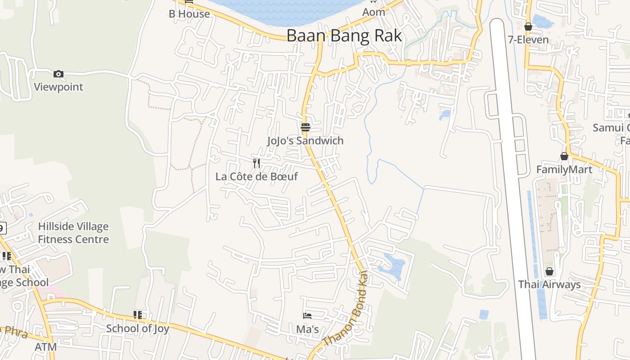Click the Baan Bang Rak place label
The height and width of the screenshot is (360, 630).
coord(344,36)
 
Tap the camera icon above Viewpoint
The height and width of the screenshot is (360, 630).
coord(58,74)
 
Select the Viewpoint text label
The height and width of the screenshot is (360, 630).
coord(58,87)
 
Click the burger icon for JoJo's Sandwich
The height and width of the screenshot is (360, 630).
coord(306,127)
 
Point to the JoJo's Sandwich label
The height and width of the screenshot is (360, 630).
coord(305,141)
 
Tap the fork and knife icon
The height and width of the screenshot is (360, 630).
coord(256,163)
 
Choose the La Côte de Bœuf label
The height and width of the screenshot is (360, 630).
coord(256,176)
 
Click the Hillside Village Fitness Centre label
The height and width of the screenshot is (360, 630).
coord(73,233)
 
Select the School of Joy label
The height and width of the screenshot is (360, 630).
coord(138,328)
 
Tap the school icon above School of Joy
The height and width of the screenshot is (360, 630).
coord(138,315)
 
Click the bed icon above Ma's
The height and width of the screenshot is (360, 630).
coord(307,316)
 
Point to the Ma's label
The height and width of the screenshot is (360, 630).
coord(307,329)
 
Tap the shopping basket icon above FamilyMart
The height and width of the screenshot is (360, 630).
coord(564,156)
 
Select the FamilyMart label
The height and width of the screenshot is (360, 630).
coord(564,170)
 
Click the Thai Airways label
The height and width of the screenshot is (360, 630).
coord(549,284)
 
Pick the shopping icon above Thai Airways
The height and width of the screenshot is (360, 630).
coord(549,271)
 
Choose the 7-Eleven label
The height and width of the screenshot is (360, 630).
coord(528,40)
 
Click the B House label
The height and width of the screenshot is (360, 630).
coord(189,14)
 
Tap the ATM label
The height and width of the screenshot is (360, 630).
coord(46,347)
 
